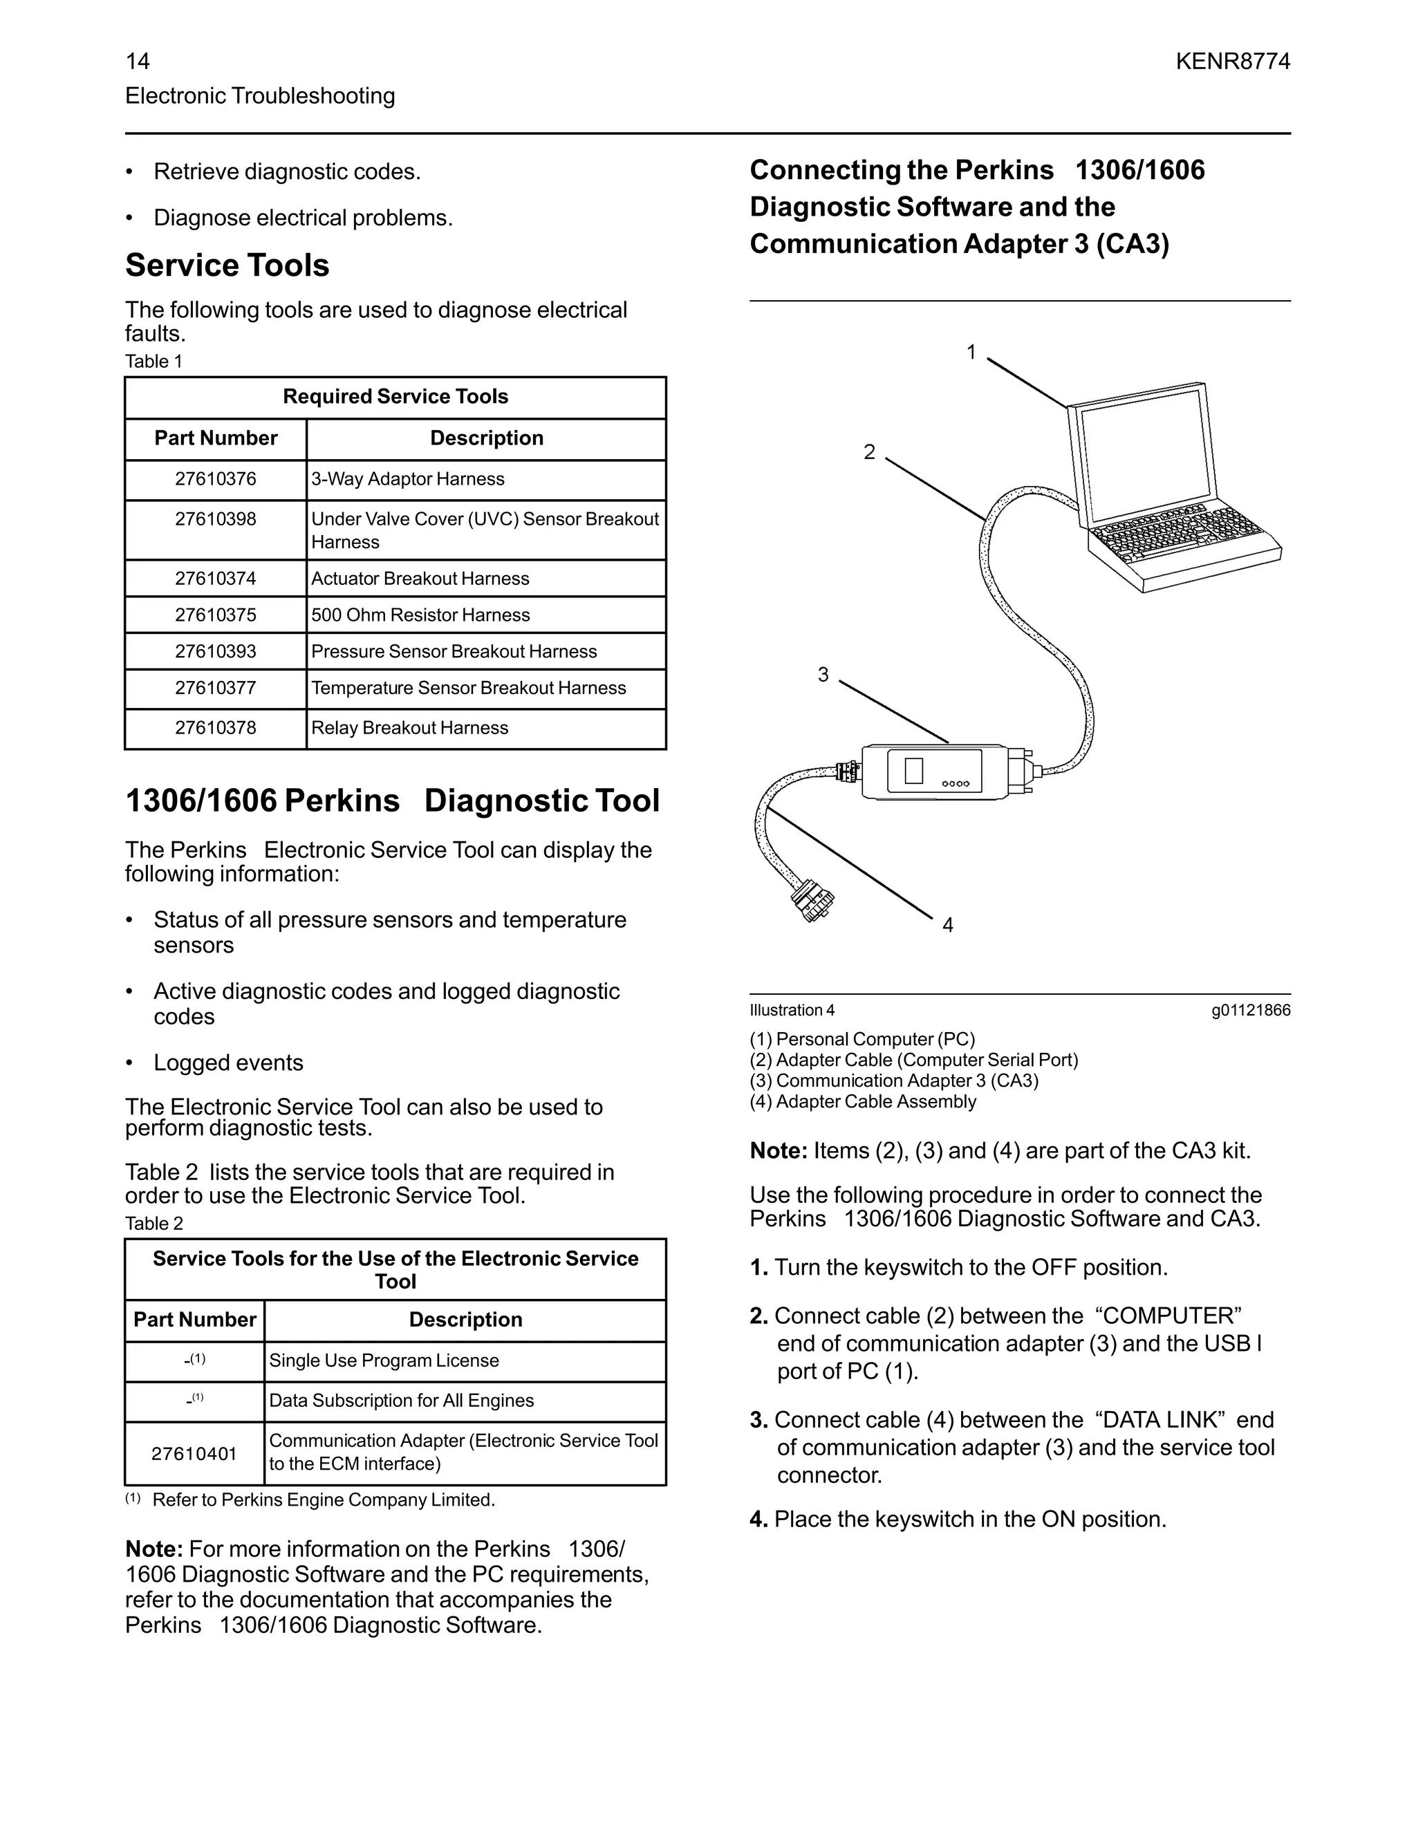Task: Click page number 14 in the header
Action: (138, 62)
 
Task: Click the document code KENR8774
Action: (1232, 62)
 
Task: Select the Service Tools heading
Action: (227, 265)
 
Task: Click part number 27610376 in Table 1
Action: (216, 479)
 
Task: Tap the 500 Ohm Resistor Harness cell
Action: (420, 615)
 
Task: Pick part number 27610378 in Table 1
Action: (216, 728)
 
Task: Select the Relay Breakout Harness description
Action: (409, 728)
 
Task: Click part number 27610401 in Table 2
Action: (194, 1454)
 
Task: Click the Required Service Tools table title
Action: (395, 397)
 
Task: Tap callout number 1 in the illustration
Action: (971, 353)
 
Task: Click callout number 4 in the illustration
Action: (948, 925)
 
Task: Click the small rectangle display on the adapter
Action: (914, 770)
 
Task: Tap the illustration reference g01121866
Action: (1250, 1011)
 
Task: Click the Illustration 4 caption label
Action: (792, 1011)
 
